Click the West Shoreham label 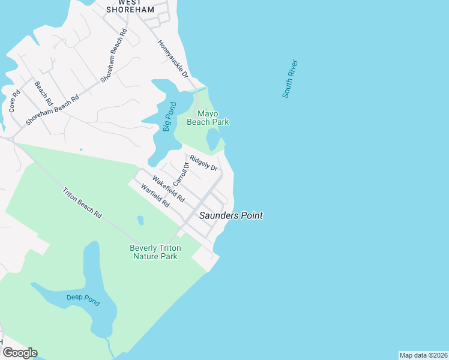click(130, 6)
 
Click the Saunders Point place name click(231, 215)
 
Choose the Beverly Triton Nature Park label click(154, 252)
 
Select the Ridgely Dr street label click(203, 163)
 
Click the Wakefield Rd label click(168, 188)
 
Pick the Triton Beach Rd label click(83, 203)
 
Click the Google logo click(20, 353)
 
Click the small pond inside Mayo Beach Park click(213, 139)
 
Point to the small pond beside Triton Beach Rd click(140, 220)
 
